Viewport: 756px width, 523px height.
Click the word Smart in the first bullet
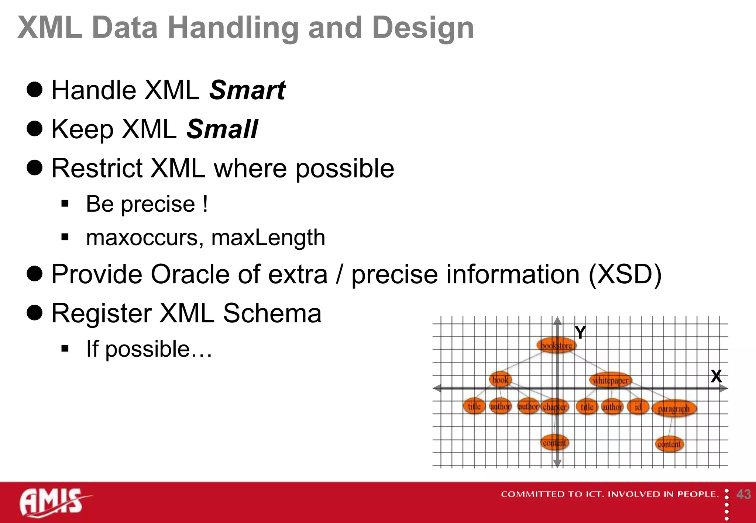click(247, 90)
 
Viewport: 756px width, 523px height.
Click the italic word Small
click(222, 129)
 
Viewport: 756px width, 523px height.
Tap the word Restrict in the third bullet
click(97, 169)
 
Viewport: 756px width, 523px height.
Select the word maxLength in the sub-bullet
click(268, 238)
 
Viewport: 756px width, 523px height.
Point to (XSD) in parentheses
click(625, 274)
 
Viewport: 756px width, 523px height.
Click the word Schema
click(272, 314)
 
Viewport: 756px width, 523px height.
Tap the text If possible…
click(149, 349)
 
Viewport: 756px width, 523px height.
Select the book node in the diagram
click(500, 380)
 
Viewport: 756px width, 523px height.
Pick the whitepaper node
click(611, 380)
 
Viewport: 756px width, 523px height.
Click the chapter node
click(554, 407)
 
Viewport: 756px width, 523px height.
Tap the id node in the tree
click(638, 407)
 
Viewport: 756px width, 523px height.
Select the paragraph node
click(674, 409)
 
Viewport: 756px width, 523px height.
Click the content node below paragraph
click(669, 444)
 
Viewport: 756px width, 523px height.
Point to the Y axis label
click(580, 333)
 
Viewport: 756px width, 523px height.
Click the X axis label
click(716, 376)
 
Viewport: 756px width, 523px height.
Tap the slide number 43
click(743, 494)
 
